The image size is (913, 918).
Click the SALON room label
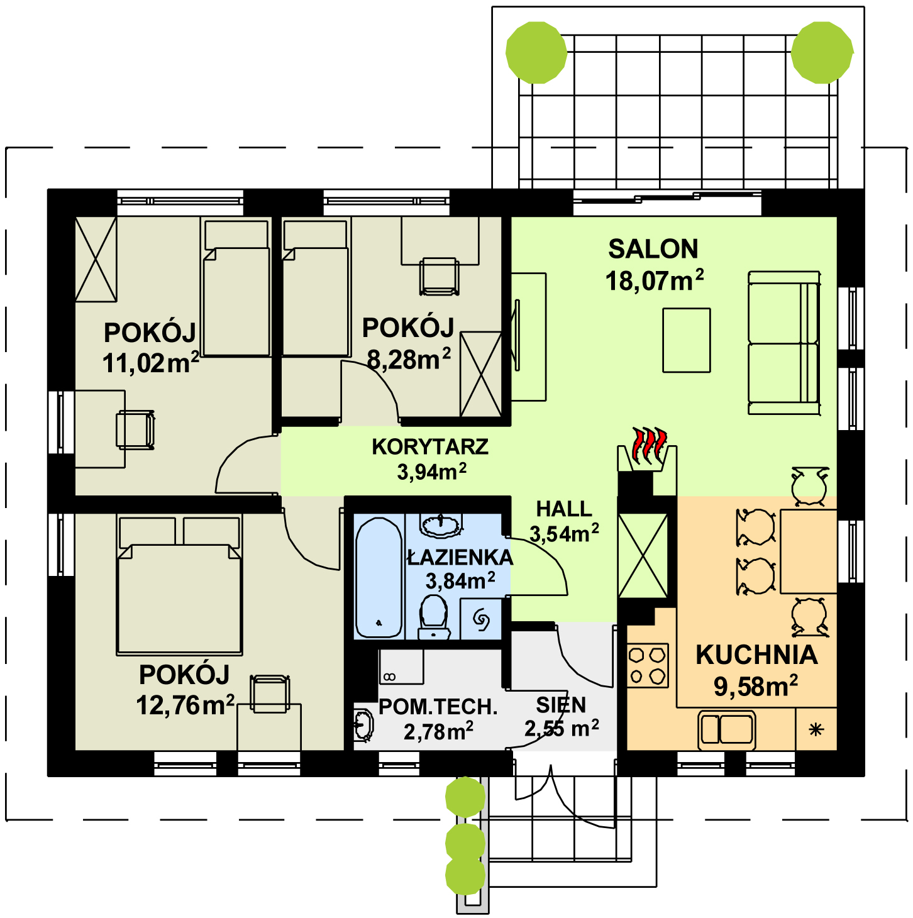(x=653, y=249)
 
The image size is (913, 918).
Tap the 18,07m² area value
(x=654, y=280)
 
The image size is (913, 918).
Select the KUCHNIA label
(x=756, y=655)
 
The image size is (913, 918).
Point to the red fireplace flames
(x=649, y=445)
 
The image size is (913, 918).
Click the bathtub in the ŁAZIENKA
(x=379, y=577)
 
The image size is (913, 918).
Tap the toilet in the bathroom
(x=434, y=616)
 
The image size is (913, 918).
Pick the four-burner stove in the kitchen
(x=648, y=665)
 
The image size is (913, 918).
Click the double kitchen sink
(x=727, y=730)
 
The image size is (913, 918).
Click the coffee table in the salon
(x=687, y=340)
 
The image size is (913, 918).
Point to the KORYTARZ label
(x=430, y=447)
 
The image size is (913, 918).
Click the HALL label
(x=564, y=509)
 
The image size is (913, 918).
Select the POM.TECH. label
(x=438, y=707)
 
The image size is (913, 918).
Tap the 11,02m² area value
(x=150, y=363)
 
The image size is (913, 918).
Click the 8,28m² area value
(x=409, y=359)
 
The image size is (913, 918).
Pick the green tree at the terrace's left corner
(x=536, y=52)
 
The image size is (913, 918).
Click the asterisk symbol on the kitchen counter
(x=816, y=729)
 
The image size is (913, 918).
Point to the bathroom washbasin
(x=441, y=524)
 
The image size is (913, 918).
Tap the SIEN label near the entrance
(x=561, y=705)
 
